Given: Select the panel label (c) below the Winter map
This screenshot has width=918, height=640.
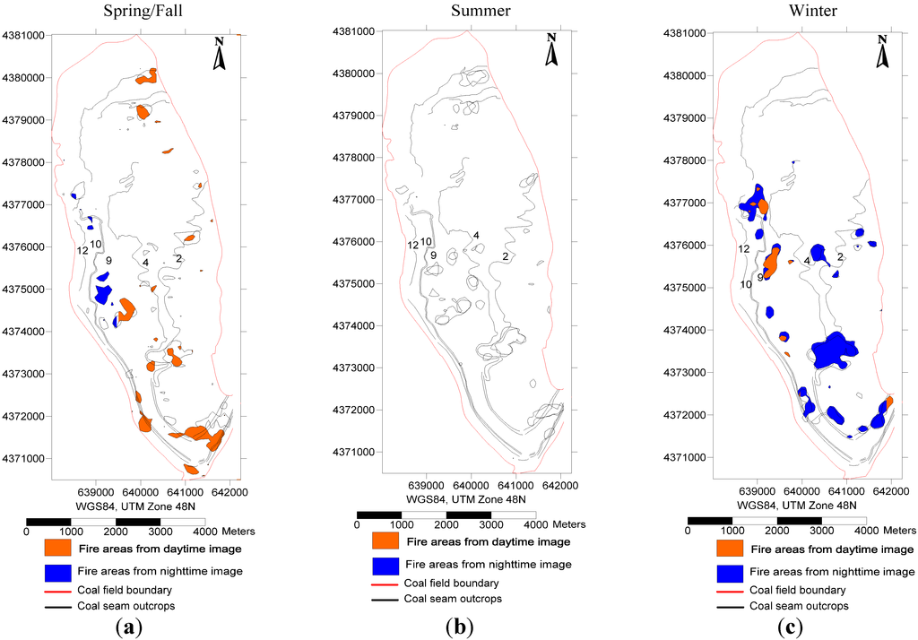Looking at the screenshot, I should [792, 627].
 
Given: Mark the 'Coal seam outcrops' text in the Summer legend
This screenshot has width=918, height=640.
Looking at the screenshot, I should [453, 599].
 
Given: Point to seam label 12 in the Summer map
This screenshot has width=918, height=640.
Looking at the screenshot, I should [412, 246].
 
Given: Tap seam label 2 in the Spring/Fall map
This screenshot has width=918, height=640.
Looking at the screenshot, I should [179, 258].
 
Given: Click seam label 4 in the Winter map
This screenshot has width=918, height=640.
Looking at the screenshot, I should [807, 261].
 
